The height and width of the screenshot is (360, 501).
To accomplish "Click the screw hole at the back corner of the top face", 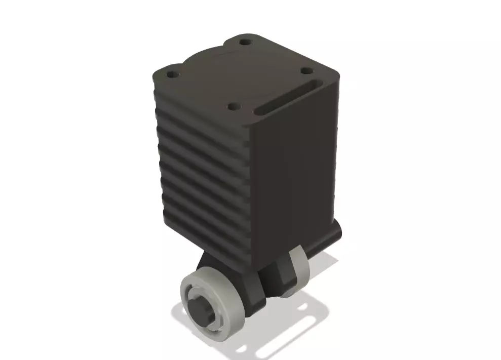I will (246, 42).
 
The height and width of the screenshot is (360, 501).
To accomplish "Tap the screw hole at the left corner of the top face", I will (173, 74).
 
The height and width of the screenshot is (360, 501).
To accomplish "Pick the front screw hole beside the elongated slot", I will (234, 107).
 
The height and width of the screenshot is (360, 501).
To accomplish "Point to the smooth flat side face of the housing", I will (294, 177).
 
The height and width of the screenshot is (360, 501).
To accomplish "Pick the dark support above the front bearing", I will (213, 263).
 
